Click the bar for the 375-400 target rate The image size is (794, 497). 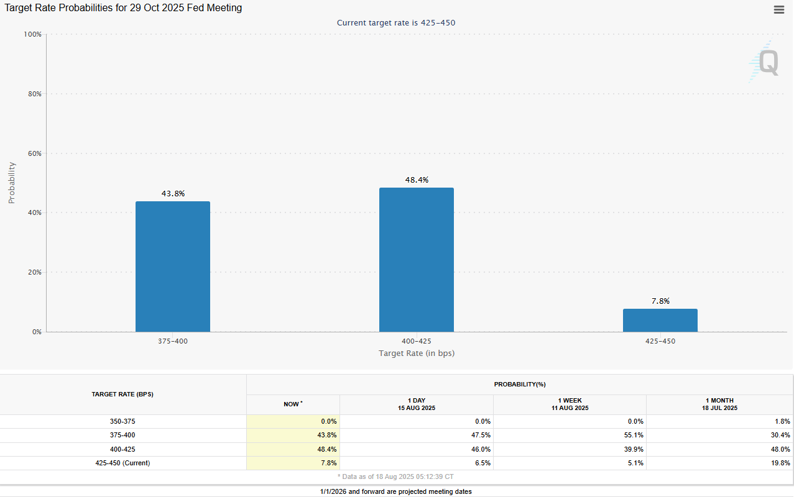click(173, 267)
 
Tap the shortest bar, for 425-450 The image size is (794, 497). click(660, 321)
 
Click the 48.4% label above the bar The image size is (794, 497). click(417, 180)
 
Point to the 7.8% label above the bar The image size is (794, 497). click(660, 301)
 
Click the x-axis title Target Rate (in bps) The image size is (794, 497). click(417, 353)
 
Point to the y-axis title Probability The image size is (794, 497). click(12, 183)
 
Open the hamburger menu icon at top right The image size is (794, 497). click(778, 9)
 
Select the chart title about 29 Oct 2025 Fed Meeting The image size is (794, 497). click(124, 8)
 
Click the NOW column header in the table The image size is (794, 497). click(292, 404)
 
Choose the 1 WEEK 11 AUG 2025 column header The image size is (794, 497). click(570, 404)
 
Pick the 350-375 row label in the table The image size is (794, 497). click(122, 421)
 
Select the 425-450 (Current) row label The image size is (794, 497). click(122, 463)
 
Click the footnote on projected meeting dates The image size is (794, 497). click(396, 491)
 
